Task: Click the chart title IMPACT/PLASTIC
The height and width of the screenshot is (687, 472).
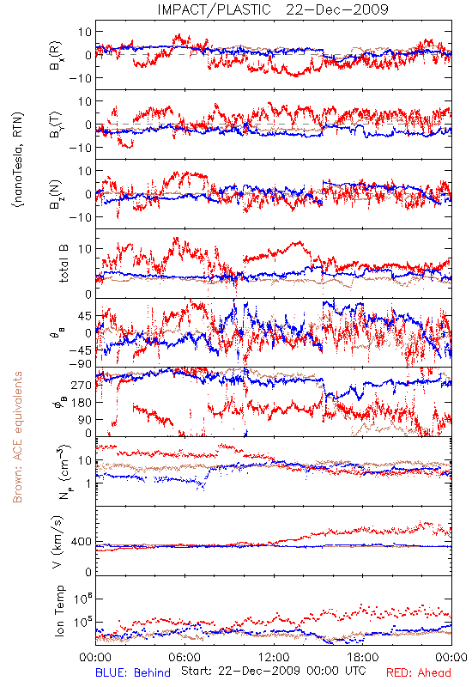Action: click(214, 9)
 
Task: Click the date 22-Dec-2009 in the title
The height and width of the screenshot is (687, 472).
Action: click(337, 9)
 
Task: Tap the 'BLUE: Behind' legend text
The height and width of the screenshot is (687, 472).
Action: click(133, 672)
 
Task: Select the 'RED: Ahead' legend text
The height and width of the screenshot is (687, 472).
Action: click(418, 672)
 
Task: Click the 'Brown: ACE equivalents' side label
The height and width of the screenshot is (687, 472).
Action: click(17, 437)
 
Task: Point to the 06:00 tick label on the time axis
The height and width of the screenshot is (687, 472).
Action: click(185, 657)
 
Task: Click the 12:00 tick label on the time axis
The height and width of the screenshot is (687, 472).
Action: click(274, 657)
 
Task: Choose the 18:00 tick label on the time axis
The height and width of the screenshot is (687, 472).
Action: click(363, 657)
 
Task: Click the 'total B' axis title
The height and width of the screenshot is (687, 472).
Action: click(64, 263)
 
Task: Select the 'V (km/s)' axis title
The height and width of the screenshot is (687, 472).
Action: click(57, 542)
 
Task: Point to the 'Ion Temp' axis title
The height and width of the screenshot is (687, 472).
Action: click(59, 611)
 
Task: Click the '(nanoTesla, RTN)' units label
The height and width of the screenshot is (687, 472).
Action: click(18, 159)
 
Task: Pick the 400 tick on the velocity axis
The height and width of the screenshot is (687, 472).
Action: click(82, 542)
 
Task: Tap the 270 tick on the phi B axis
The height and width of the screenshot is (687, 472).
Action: click(82, 385)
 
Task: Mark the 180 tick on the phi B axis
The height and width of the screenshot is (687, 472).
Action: click(82, 402)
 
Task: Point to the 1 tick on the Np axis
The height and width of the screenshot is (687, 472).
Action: click(88, 483)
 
